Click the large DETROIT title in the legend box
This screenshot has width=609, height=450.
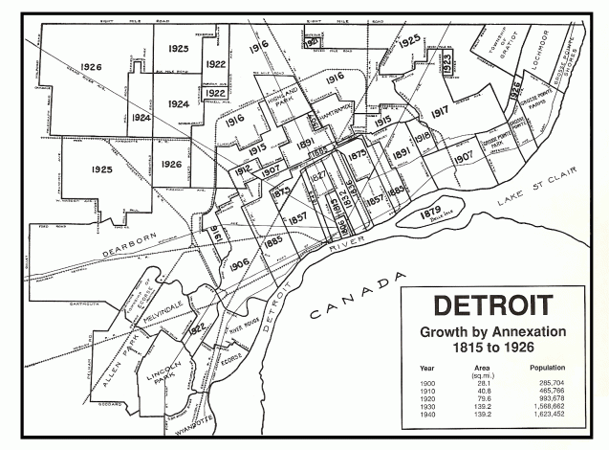point(491,307)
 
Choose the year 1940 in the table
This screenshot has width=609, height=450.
point(426,416)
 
